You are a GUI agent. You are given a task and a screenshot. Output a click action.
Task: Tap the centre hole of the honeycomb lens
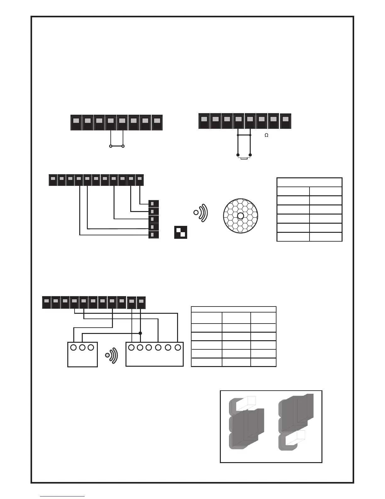pyautogui.click(x=240, y=216)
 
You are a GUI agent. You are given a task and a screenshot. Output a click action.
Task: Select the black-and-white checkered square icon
pyautogui.click(x=181, y=232)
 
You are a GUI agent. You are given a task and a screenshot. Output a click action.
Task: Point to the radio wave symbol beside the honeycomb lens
pyautogui.click(x=201, y=212)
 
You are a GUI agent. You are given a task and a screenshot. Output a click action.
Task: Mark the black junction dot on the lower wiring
pyautogui.click(x=140, y=333)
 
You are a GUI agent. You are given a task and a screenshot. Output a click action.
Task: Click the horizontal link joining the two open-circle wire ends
pyautogui.click(x=117, y=146)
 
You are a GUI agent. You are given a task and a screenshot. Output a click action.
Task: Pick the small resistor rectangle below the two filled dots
pyautogui.click(x=244, y=158)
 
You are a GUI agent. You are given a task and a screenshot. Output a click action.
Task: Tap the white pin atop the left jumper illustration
pyautogui.click(x=246, y=403)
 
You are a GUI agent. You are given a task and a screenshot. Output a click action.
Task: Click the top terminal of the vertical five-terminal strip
pyautogui.click(x=153, y=204)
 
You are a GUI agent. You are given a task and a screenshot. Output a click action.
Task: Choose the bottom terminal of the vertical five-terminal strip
pyautogui.click(x=153, y=234)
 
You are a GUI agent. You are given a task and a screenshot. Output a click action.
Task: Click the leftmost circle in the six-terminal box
pyautogui.click(x=131, y=347)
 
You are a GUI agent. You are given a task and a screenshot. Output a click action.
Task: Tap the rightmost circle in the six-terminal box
pyautogui.click(x=178, y=347)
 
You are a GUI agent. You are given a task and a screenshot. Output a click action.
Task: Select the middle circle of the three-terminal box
pyautogui.click(x=82, y=347)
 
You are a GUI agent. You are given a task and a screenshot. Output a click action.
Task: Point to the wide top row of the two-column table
pyautogui.click(x=309, y=182)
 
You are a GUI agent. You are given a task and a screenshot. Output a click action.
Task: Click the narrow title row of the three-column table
pyautogui.click(x=233, y=309)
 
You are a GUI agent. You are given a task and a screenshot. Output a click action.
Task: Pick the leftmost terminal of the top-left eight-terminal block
pyautogui.click(x=76, y=122)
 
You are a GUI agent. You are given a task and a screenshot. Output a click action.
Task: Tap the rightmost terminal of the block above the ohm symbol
pyautogui.click(x=285, y=121)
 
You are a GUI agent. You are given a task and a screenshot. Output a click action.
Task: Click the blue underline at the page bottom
pyautogui.click(x=62, y=496)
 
